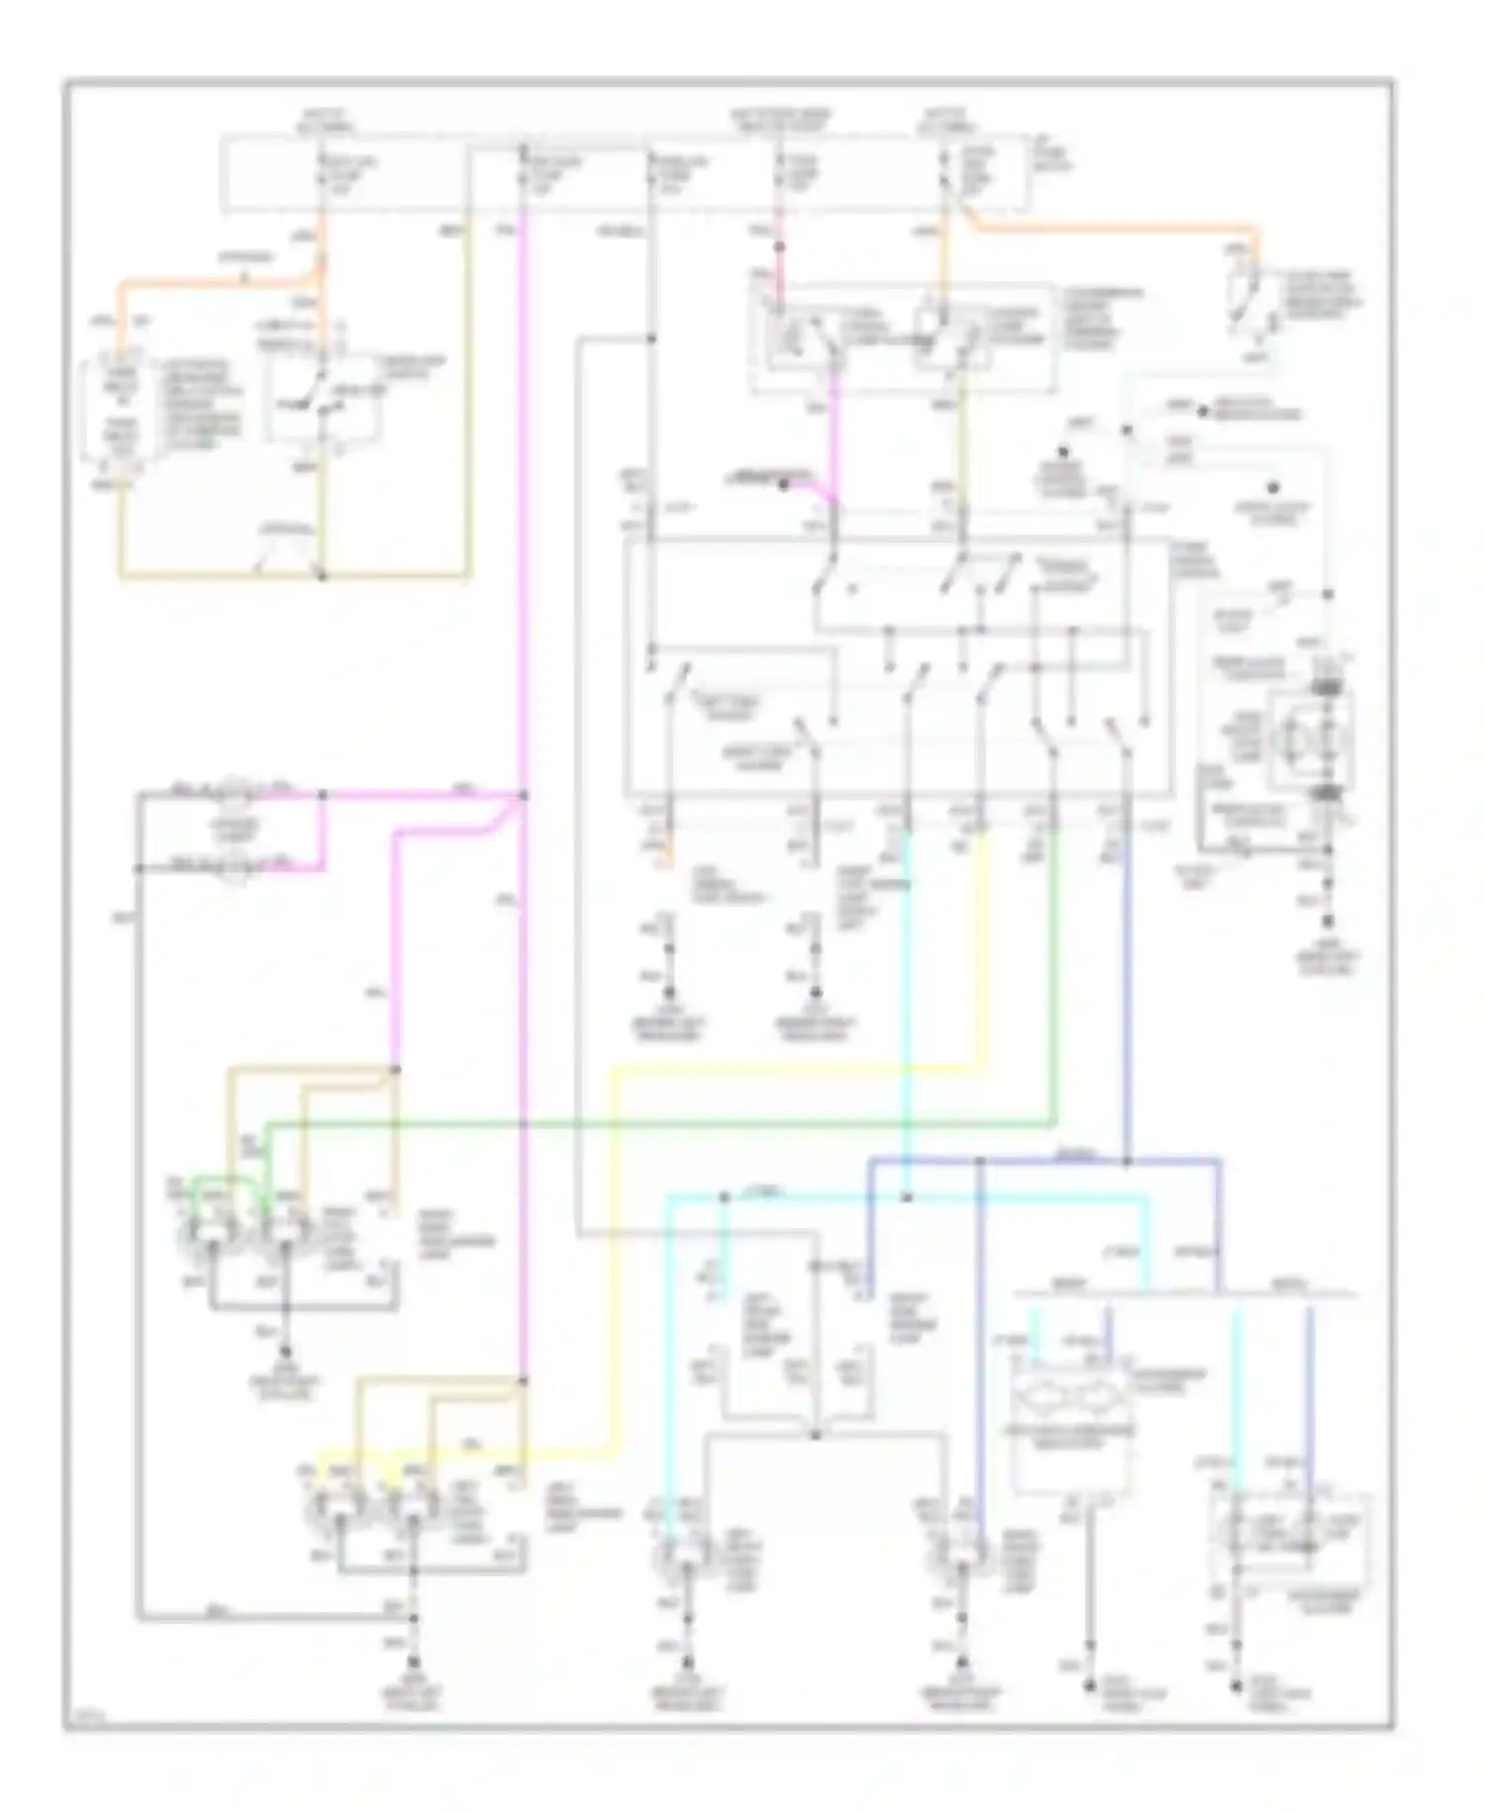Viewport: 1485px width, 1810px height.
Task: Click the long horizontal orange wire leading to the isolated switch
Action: (1109, 231)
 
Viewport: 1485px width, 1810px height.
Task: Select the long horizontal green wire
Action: (653, 1124)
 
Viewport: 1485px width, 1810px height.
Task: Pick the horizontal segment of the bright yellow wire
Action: (792, 1068)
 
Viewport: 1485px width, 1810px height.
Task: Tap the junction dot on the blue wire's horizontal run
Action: (1126, 1159)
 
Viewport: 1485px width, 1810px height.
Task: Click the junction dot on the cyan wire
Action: (907, 1197)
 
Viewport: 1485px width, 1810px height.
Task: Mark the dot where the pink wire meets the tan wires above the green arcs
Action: (394, 1069)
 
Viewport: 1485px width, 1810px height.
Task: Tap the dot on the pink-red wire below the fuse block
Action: (779, 246)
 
